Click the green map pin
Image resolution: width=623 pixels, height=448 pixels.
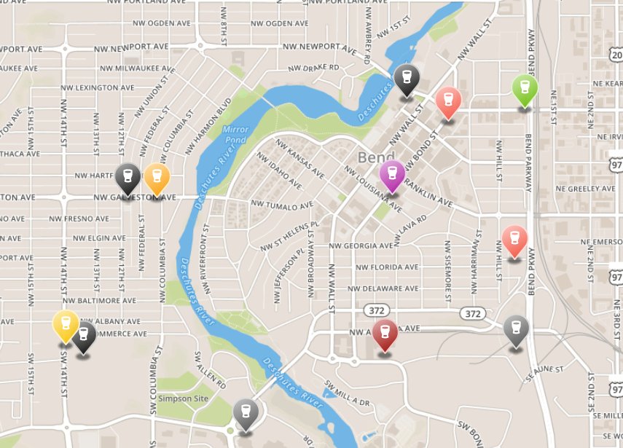[x=525, y=89]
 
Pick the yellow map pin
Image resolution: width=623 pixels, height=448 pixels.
[x=66, y=325]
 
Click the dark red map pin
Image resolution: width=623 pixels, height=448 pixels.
[x=385, y=334]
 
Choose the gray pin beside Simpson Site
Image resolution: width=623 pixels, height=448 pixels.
[x=246, y=414]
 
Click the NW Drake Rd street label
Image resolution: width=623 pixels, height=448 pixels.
[x=314, y=67]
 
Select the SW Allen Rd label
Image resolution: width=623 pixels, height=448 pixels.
[x=211, y=373]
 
